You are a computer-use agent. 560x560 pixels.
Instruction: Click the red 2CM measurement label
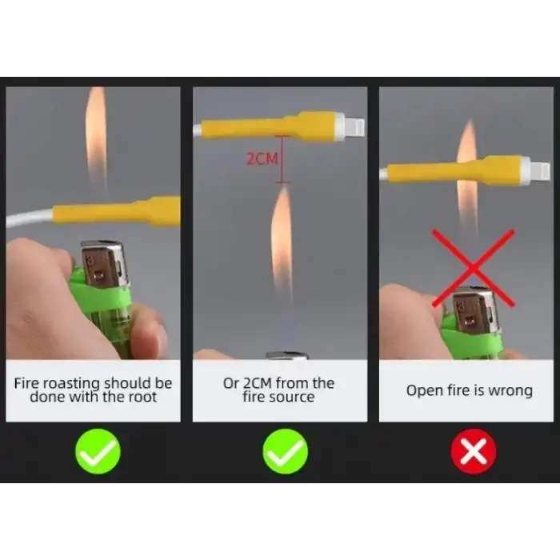click(x=262, y=158)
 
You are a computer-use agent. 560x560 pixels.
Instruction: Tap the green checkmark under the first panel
click(x=98, y=451)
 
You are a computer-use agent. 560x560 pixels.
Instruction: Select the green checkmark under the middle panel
click(x=285, y=451)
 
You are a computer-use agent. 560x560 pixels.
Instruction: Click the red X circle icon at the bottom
click(x=474, y=451)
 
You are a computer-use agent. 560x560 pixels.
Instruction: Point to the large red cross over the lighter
click(x=474, y=268)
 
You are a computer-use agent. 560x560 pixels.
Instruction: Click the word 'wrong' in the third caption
click(x=510, y=390)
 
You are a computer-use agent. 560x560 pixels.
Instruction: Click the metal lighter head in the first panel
click(x=103, y=263)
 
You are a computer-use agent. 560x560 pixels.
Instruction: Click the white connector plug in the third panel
click(x=535, y=170)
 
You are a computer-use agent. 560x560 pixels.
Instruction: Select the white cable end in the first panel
click(x=30, y=218)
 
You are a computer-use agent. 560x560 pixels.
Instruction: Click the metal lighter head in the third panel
click(x=474, y=311)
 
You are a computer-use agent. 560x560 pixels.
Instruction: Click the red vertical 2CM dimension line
click(x=282, y=159)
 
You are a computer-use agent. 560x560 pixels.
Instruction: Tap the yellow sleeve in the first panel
click(x=116, y=210)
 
